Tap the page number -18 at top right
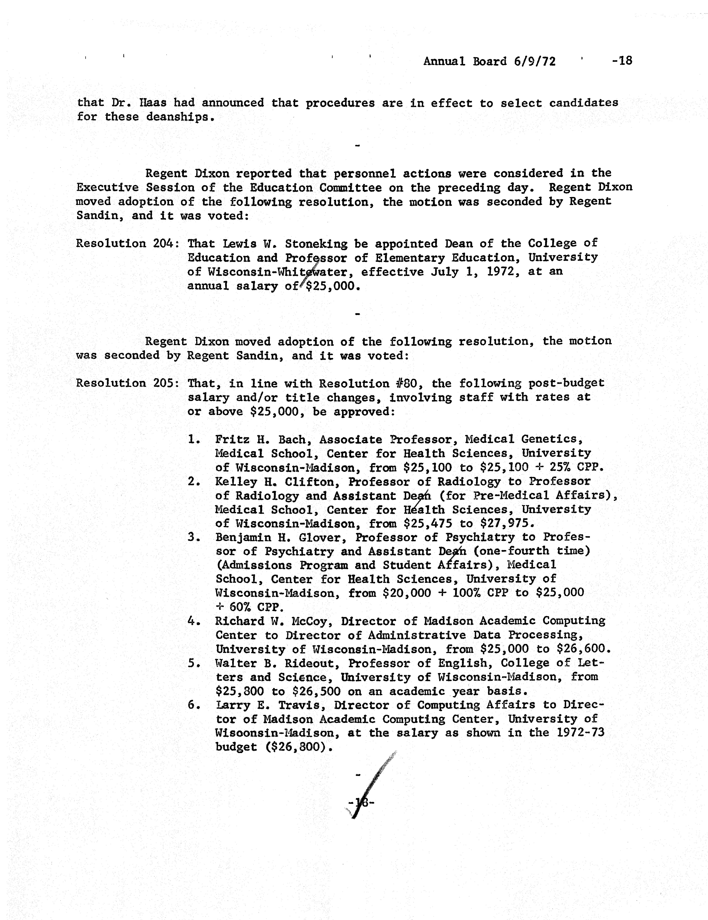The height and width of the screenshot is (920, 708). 622,61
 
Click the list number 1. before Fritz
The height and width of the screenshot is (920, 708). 194,439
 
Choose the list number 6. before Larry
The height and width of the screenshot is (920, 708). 194,705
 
